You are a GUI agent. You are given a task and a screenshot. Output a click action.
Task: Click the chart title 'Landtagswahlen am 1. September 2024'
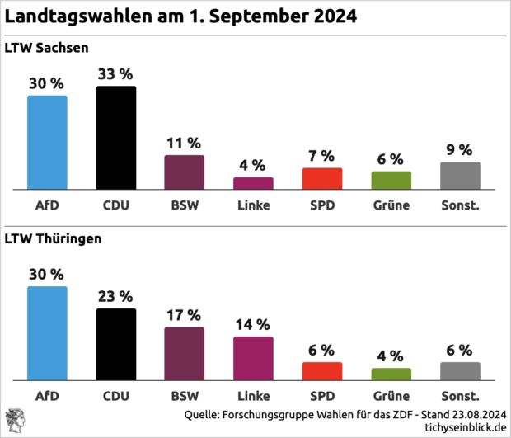(181, 17)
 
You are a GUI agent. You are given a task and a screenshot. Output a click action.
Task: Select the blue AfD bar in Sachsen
(47, 142)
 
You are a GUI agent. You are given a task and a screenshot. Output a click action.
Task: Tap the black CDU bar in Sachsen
(116, 138)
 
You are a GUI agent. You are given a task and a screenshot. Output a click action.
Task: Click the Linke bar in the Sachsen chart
(253, 183)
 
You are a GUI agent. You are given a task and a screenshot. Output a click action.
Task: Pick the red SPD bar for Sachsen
(322, 178)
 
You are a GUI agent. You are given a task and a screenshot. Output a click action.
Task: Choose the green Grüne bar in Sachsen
(391, 180)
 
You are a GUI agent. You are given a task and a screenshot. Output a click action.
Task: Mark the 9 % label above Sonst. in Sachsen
(460, 149)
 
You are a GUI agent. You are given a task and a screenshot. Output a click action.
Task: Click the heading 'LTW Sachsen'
(47, 49)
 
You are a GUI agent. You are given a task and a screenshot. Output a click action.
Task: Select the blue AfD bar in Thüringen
(47, 332)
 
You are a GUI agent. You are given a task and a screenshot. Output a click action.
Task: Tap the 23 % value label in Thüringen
(116, 295)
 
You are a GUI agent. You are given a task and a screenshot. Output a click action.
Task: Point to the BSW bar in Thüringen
(184, 353)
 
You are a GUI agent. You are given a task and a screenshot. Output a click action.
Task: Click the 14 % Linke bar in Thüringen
(253, 358)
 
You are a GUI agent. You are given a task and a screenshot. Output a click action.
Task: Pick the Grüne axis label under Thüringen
(391, 395)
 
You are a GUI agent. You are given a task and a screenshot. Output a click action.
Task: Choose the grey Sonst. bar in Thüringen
(460, 370)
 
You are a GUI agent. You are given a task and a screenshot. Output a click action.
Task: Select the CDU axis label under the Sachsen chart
(116, 205)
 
